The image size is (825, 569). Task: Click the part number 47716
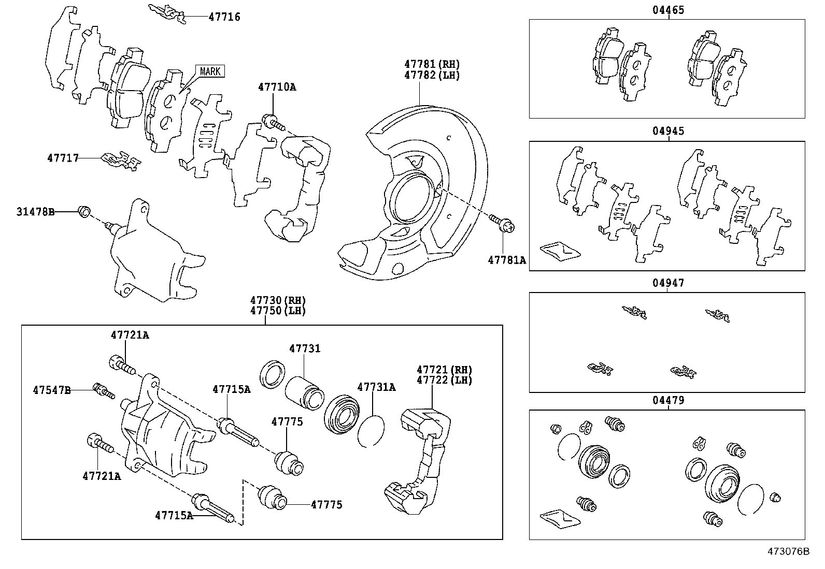click(224, 17)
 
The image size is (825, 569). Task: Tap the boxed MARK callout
click(210, 71)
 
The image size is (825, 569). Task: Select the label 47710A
click(277, 87)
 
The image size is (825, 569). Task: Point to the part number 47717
click(63, 158)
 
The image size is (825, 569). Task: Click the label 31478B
click(35, 212)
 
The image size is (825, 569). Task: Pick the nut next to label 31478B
click(83, 211)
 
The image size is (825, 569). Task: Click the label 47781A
click(506, 260)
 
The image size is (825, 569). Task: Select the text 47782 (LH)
click(432, 75)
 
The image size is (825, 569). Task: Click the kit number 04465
click(668, 10)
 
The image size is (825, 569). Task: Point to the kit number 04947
click(668, 283)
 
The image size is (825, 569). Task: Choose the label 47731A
click(376, 387)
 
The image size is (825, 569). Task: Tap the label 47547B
click(51, 390)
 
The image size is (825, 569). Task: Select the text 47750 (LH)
click(278, 311)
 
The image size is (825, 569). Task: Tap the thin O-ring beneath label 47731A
click(371, 430)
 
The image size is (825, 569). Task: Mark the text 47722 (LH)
click(444, 380)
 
